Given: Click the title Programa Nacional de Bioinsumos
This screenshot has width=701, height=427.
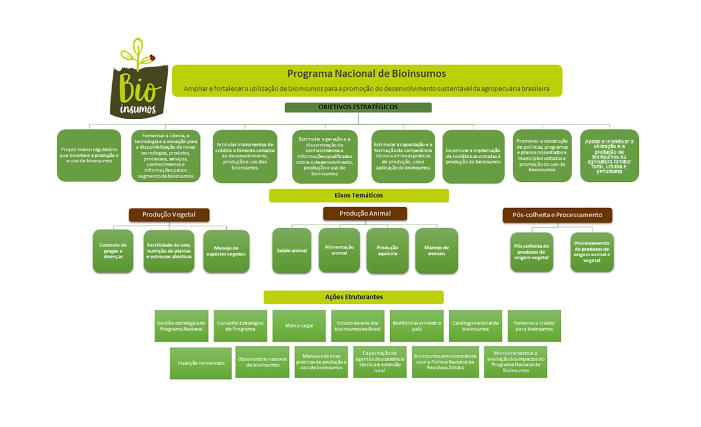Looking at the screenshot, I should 366,74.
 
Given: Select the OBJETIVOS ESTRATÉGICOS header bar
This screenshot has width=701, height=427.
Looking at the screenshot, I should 358,107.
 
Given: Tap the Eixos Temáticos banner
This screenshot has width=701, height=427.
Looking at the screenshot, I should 358,195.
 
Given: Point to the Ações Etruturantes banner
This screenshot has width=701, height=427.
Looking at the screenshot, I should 354,296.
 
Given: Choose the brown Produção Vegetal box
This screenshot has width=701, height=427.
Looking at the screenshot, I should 169,215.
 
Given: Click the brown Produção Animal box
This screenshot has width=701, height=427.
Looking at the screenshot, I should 365,213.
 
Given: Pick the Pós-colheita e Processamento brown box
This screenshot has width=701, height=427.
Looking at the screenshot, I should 557,215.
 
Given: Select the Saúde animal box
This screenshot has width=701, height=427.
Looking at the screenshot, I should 292,250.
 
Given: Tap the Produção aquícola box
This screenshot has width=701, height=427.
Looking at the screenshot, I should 387,250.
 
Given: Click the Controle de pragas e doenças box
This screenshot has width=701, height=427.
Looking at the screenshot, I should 113,250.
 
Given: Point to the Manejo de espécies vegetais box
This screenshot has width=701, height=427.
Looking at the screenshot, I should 226,250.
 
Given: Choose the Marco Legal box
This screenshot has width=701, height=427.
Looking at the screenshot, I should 299,326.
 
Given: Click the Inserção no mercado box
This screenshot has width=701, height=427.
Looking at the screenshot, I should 201,362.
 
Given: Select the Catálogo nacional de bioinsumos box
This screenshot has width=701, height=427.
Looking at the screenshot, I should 475,326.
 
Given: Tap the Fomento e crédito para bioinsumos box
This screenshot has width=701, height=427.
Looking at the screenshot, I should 533,326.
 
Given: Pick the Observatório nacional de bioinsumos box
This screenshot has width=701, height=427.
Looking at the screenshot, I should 262,362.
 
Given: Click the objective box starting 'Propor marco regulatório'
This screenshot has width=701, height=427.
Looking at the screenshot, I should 89,155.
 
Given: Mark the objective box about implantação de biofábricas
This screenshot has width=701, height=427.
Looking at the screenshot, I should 473,156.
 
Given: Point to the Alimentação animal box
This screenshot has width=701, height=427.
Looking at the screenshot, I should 340,250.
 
